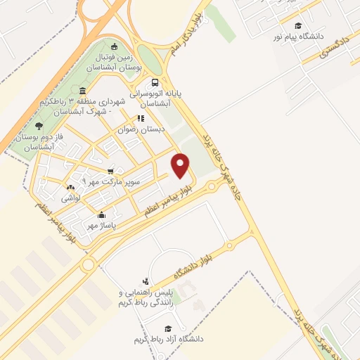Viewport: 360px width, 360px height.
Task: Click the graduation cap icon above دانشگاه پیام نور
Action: coord(298,25)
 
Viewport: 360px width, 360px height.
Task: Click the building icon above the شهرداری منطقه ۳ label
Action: coord(84,91)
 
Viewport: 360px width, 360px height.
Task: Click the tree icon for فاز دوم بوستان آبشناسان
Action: coord(37,124)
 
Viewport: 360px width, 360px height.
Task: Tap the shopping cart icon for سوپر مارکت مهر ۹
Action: coord(110,171)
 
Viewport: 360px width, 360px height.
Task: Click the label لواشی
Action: coord(70,198)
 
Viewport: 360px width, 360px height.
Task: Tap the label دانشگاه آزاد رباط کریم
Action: coord(168,339)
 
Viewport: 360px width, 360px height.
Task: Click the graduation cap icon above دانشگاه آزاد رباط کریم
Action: coord(168,328)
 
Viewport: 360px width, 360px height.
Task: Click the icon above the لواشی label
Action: coord(70,188)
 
